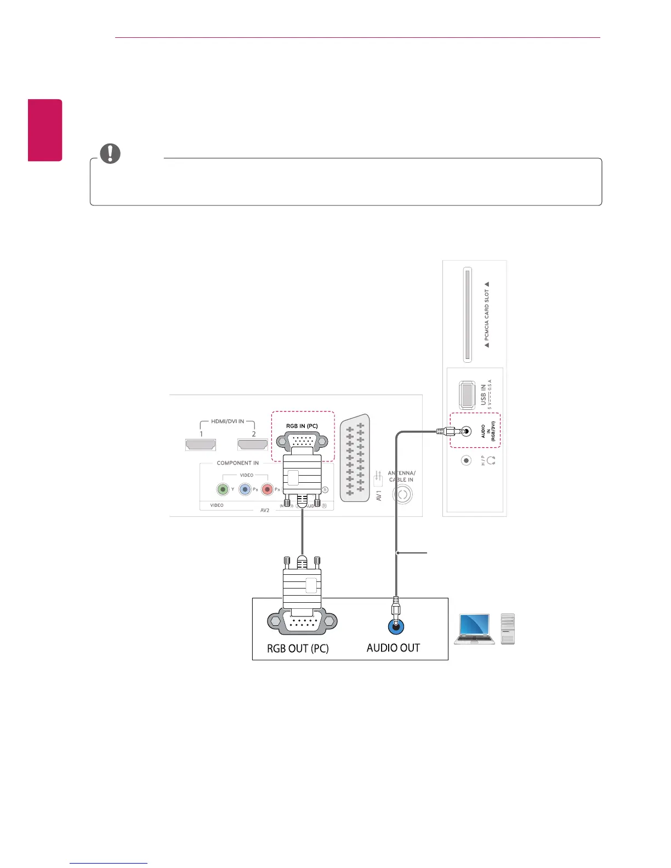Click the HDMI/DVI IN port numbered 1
[201, 444]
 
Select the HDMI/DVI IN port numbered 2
[253, 444]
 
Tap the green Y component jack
[223, 489]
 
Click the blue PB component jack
[245, 489]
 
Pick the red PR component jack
[268, 489]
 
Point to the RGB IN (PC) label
[302, 426]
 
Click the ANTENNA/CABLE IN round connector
[402, 495]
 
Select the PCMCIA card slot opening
[467, 315]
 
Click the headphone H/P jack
[466, 461]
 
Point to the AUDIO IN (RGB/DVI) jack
[466, 431]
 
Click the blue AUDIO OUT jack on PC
[396, 626]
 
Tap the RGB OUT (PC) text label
[298, 649]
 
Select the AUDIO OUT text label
[393, 648]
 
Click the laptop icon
[475, 629]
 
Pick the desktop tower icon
[508, 629]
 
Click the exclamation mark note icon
[110, 154]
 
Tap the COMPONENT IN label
[237, 463]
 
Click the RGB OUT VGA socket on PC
[302, 622]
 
